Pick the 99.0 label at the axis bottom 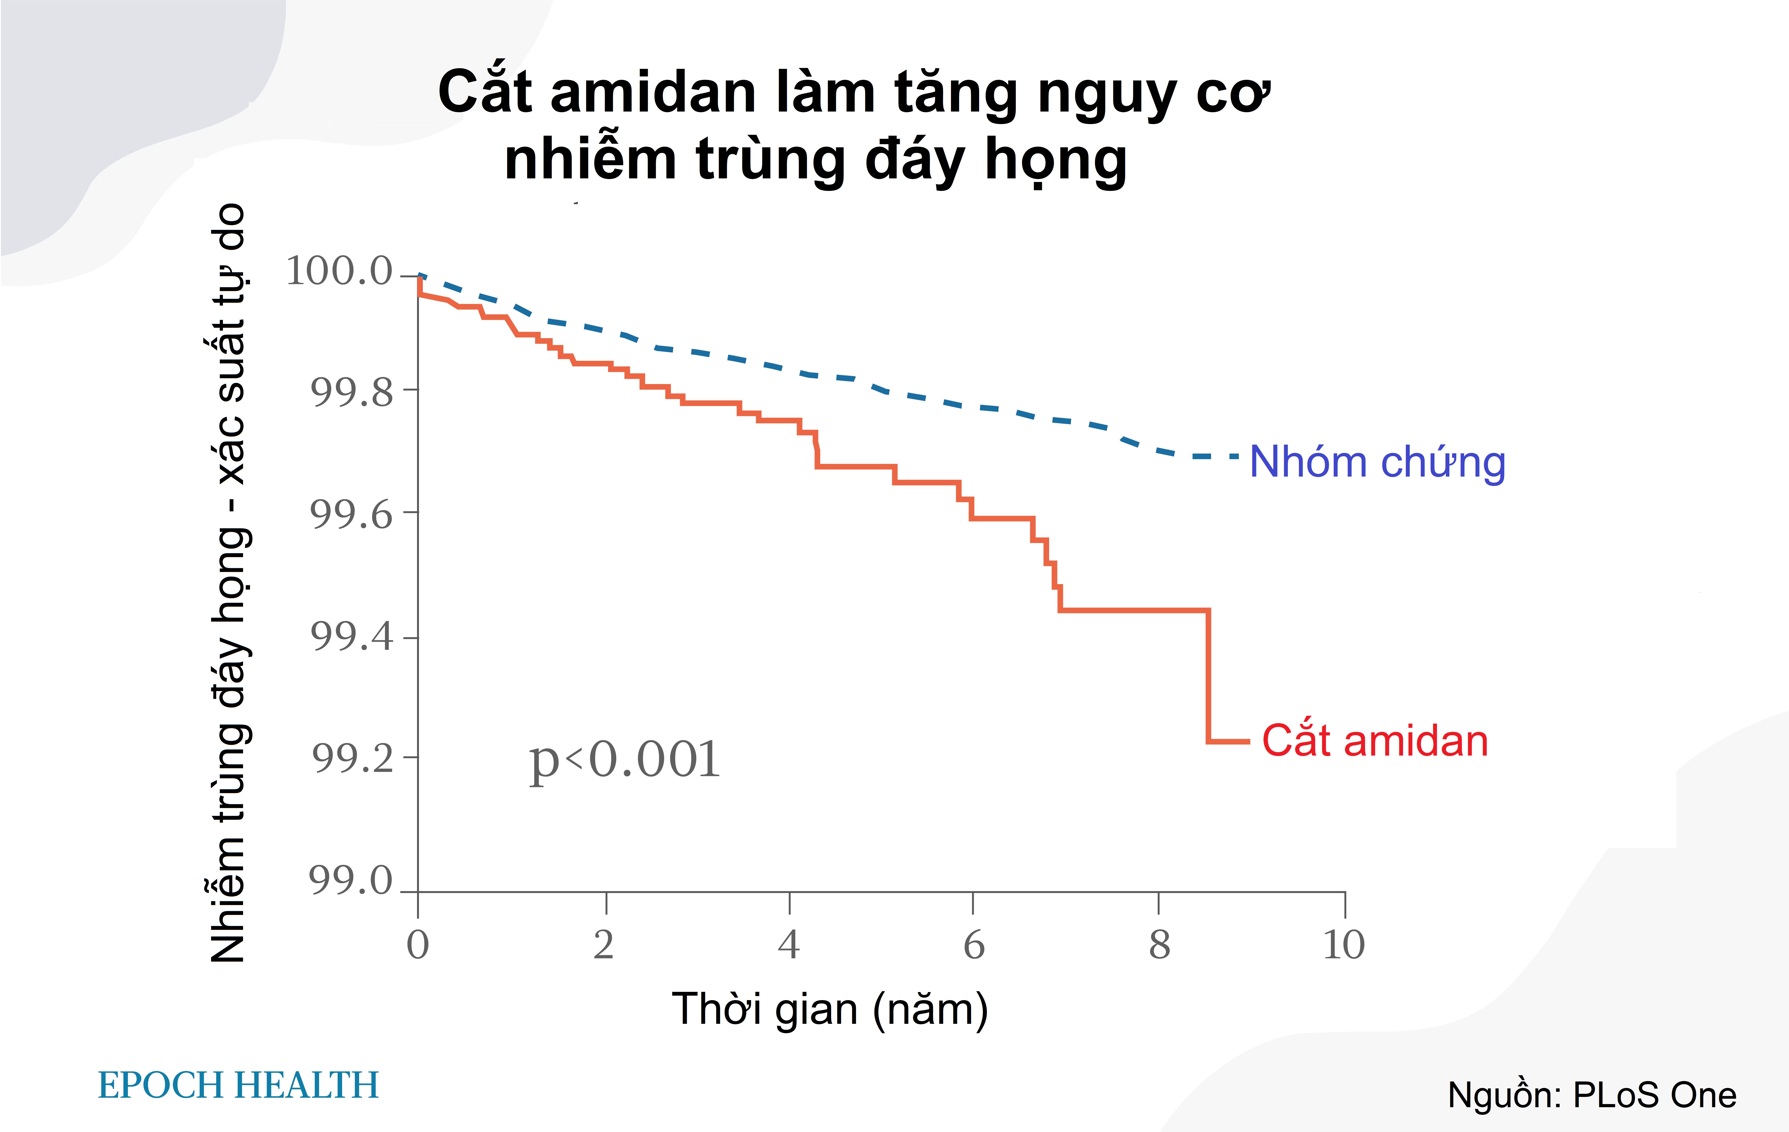[350, 880]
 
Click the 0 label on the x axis [417, 945]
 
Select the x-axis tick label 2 [603, 945]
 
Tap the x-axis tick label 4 [788, 945]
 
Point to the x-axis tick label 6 [973, 945]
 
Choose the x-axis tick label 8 [1159, 945]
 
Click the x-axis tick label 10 [1343, 945]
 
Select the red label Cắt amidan [1374, 741]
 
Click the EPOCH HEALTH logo [239, 1085]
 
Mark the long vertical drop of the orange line [1208, 676]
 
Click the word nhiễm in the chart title [590, 159]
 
